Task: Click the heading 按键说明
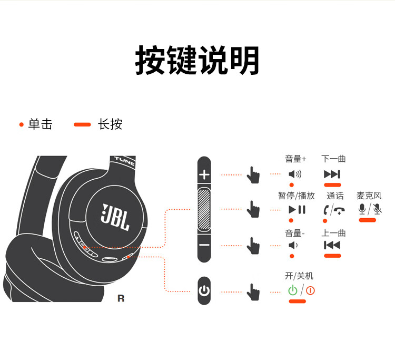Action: (197, 60)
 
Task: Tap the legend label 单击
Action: (40, 124)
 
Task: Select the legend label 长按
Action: (110, 124)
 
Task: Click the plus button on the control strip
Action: (204, 174)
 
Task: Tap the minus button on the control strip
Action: (204, 245)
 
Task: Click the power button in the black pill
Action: (204, 291)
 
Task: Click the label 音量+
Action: (295, 159)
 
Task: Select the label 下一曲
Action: (333, 159)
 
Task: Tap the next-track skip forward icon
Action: (332, 174)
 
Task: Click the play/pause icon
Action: (297, 210)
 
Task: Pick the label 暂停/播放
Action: (297, 196)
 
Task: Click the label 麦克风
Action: (369, 196)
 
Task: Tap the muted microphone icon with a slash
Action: (377, 209)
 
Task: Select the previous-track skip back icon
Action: (332, 245)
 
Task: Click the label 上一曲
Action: (333, 233)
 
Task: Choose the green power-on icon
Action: (293, 290)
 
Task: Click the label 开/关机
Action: (299, 276)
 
